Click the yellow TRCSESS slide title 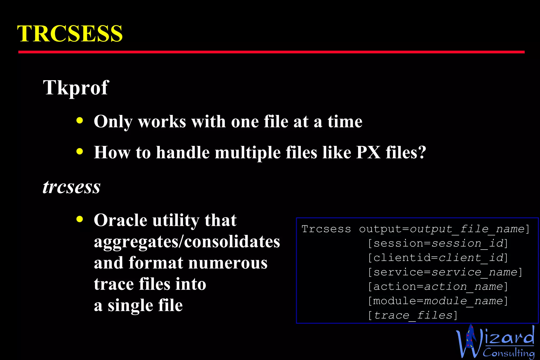pos(70,33)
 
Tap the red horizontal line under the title pos(271,52)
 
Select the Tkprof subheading pos(76,88)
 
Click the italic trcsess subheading pos(71,187)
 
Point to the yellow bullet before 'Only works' pos(79,121)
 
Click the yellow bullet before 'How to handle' pos(79,152)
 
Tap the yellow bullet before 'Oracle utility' pos(79,219)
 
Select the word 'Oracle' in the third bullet pos(120,220)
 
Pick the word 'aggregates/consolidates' pos(187,242)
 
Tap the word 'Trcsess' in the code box pos(326,229)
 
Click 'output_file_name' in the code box pos(467,229)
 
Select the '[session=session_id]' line pos(438,244)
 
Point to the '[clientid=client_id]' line pos(438,258)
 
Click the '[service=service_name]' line pos(445,272)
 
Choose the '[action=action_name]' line pos(438,286)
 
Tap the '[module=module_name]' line pos(438,301)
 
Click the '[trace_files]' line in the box pos(413,315)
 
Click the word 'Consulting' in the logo pos(509,353)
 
